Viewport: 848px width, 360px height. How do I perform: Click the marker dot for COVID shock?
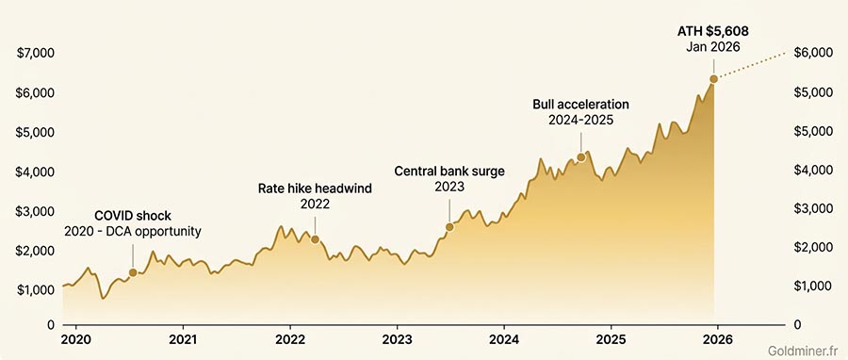pyautogui.click(x=133, y=272)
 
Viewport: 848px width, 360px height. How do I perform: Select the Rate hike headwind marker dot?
pyautogui.click(x=315, y=239)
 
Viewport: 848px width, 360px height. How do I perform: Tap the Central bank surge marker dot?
pyautogui.click(x=449, y=227)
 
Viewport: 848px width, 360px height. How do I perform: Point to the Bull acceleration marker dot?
pyautogui.click(x=580, y=157)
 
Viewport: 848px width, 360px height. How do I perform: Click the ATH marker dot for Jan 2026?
pyautogui.click(x=713, y=78)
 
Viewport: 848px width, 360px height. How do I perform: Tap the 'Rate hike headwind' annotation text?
pyautogui.click(x=315, y=188)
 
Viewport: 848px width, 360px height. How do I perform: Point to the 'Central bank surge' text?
pyautogui.click(x=449, y=171)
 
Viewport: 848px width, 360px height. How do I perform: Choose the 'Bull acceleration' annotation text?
pyautogui.click(x=580, y=104)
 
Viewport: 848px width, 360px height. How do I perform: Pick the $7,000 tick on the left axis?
pyautogui.click(x=34, y=54)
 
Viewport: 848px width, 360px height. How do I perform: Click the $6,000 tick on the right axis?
pyautogui.click(x=814, y=54)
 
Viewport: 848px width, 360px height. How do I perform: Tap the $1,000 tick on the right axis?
pyautogui.click(x=814, y=286)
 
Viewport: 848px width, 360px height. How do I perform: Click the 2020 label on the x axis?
pyautogui.click(x=75, y=338)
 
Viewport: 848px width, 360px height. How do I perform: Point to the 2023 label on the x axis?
pyautogui.click(x=397, y=338)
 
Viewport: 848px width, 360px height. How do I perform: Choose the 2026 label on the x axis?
pyautogui.click(x=718, y=338)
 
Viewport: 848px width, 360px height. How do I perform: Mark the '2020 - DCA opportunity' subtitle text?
pyautogui.click(x=133, y=231)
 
